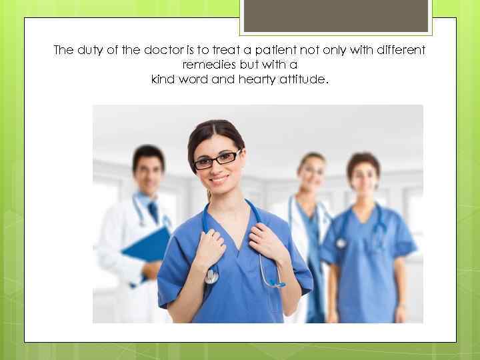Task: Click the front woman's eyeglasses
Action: (x=217, y=159)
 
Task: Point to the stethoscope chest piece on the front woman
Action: (x=212, y=275)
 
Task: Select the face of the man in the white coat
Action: (x=149, y=173)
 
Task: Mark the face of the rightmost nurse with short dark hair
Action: (x=363, y=176)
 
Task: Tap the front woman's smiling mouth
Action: (x=219, y=179)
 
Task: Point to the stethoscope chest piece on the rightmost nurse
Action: (x=341, y=243)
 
